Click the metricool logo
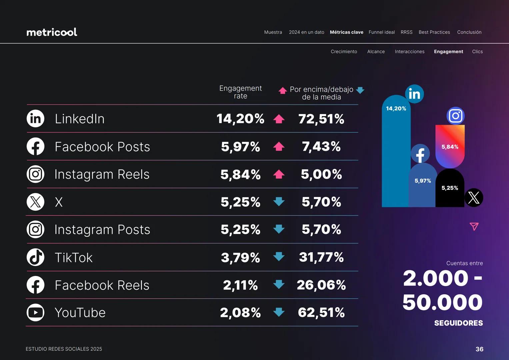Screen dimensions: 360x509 pyautogui.click(x=52, y=32)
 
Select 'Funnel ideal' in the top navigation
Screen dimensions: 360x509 pyautogui.click(x=382, y=32)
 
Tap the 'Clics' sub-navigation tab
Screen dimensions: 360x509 pyautogui.click(x=477, y=52)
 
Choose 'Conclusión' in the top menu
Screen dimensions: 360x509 pyautogui.click(x=469, y=32)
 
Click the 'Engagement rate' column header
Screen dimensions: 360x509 pyautogui.click(x=240, y=92)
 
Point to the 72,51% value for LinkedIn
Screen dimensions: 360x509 pyautogui.click(x=321, y=119)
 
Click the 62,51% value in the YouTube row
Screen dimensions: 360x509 pyautogui.click(x=321, y=313)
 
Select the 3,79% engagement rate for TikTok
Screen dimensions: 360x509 pyautogui.click(x=240, y=257)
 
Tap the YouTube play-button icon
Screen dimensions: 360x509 pyautogui.click(x=35, y=313)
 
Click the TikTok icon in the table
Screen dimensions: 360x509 pyautogui.click(x=35, y=257)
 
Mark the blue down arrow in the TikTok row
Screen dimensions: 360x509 pyautogui.click(x=279, y=257)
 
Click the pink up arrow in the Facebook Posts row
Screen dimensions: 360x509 pyautogui.click(x=279, y=146)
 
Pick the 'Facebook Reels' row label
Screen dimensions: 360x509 pyautogui.click(x=102, y=285)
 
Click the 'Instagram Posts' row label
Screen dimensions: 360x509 pyautogui.click(x=102, y=230)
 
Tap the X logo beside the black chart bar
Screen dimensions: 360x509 pyautogui.click(x=474, y=198)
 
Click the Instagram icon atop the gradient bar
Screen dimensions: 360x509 pyautogui.click(x=455, y=116)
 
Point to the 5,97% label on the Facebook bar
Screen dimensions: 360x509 pyautogui.click(x=423, y=181)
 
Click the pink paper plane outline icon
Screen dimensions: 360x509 pyautogui.click(x=474, y=227)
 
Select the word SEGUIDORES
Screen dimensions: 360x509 pyautogui.click(x=458, y=323)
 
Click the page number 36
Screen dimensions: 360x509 pyautogui.click(x=479, y=349)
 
